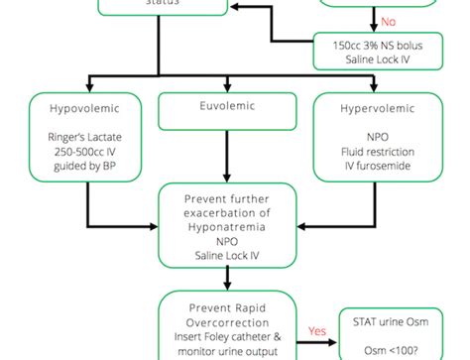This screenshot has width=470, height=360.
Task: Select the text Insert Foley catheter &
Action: point(227,337)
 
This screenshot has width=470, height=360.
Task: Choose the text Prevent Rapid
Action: point(227,307)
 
